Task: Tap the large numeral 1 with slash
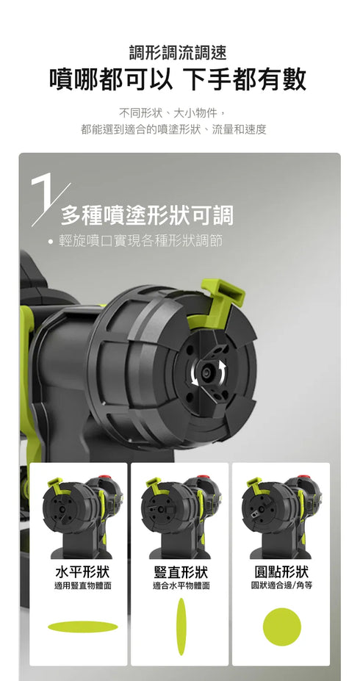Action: pyautogui.click(x=48, y=198)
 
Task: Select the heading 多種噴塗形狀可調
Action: pyautogui.click(x=147, y=215)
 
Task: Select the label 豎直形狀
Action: pyautogui.click(x=181, y=572)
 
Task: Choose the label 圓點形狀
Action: pyautogui.click(x=281, y=572)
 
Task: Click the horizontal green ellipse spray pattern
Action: pyautogui.click(x=82, y=627)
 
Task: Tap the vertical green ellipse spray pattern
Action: pyautogui.click(x=181, y=627)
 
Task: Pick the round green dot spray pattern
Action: pyautogui.click(x=282, y=627)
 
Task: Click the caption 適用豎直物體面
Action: pyautogui.click(x=82, y=585)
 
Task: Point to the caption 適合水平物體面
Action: pyautogui.click(x=181, y=585)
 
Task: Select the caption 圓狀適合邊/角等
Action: pyautogui.click(x=282, y=585)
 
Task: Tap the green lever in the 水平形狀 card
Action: pyautogui.click(x=54, y=484)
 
